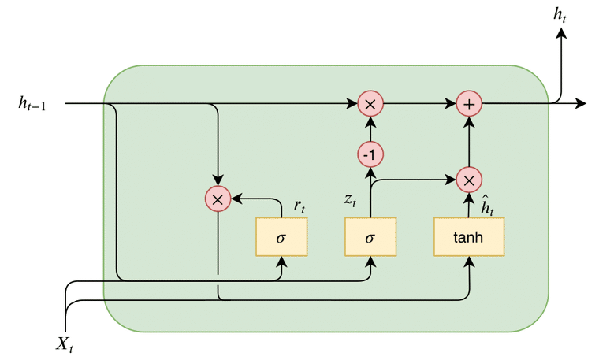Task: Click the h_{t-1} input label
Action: coord(32,103)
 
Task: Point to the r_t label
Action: coord(300,206)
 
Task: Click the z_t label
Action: coord(351,199)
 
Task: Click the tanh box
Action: coord(469,237)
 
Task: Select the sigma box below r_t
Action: coord(281,237)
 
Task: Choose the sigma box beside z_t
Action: coord(370,237)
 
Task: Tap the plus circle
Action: coord(469,103)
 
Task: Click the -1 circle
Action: coord(370,154)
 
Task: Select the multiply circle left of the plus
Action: coord(370,103)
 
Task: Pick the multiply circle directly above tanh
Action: coord(469,180)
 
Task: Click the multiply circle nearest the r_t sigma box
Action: coord(217,199)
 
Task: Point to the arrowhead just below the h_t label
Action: coord(562,33)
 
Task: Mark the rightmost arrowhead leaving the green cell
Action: coord(582,103)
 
